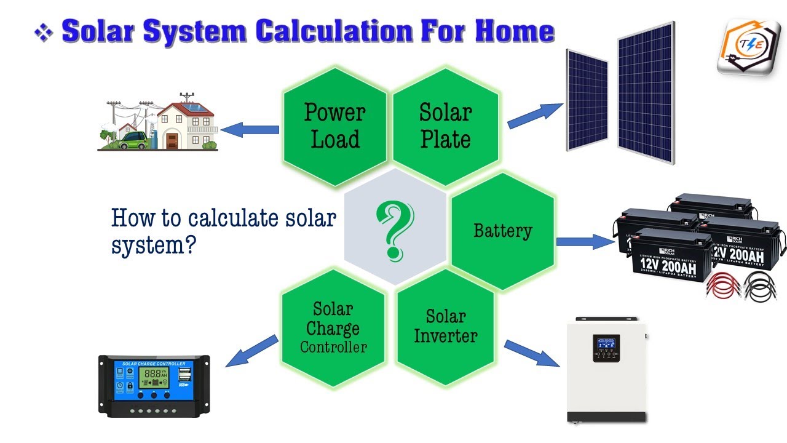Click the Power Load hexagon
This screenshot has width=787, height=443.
(334, 126)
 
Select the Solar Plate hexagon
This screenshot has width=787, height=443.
(445, 126)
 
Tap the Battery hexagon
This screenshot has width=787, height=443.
(503, 231)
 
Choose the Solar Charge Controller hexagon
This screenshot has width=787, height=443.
(333, 327)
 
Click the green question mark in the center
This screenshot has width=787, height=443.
(395, 231)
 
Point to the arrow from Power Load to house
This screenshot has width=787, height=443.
(249, 130)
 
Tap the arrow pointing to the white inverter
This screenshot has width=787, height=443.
(532, 353)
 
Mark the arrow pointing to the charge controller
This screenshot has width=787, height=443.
(252, 351)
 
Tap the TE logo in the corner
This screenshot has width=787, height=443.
(749, 46)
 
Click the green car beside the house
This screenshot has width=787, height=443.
(134, 142)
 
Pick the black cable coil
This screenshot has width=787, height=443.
(762, 287)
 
